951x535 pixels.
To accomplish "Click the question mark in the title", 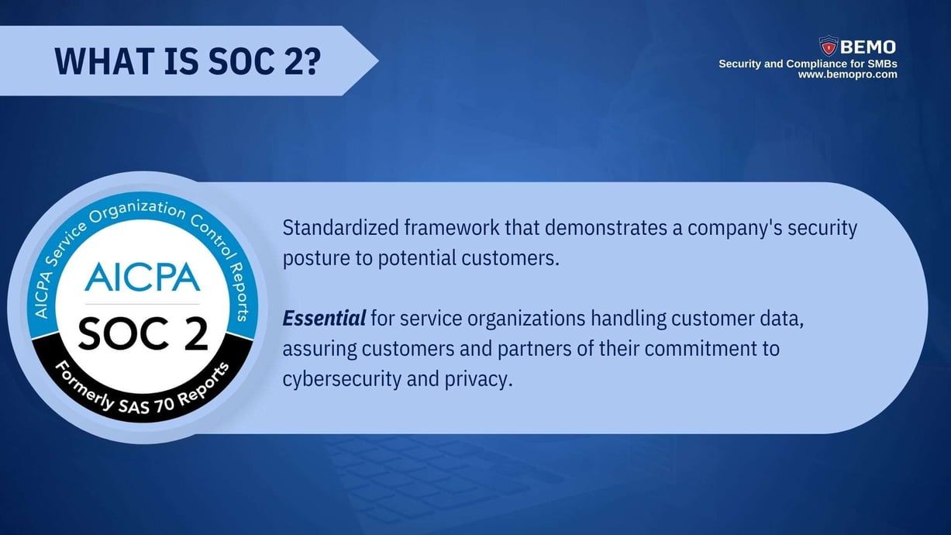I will pos(309,61).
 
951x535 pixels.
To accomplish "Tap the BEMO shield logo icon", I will pos(829,46).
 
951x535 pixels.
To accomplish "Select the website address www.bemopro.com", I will pos(847,74).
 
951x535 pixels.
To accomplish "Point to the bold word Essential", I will pos(324,318).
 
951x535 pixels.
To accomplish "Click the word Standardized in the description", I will pos(341,228).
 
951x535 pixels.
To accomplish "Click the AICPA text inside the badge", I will pos(142,277).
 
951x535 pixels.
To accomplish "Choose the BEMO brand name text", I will pos(867,47).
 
